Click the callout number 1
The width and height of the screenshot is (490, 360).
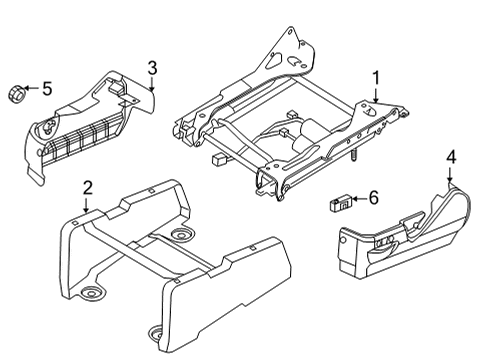[x=376, y=76]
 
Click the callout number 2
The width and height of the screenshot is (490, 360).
[x=87, y=187]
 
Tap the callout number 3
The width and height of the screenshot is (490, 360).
[x=152, y=67]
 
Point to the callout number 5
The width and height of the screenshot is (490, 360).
[x=46, y=89]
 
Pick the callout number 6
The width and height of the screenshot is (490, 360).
[x=374, y=198]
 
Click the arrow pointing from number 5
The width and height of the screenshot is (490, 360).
[x=33, y=90]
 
